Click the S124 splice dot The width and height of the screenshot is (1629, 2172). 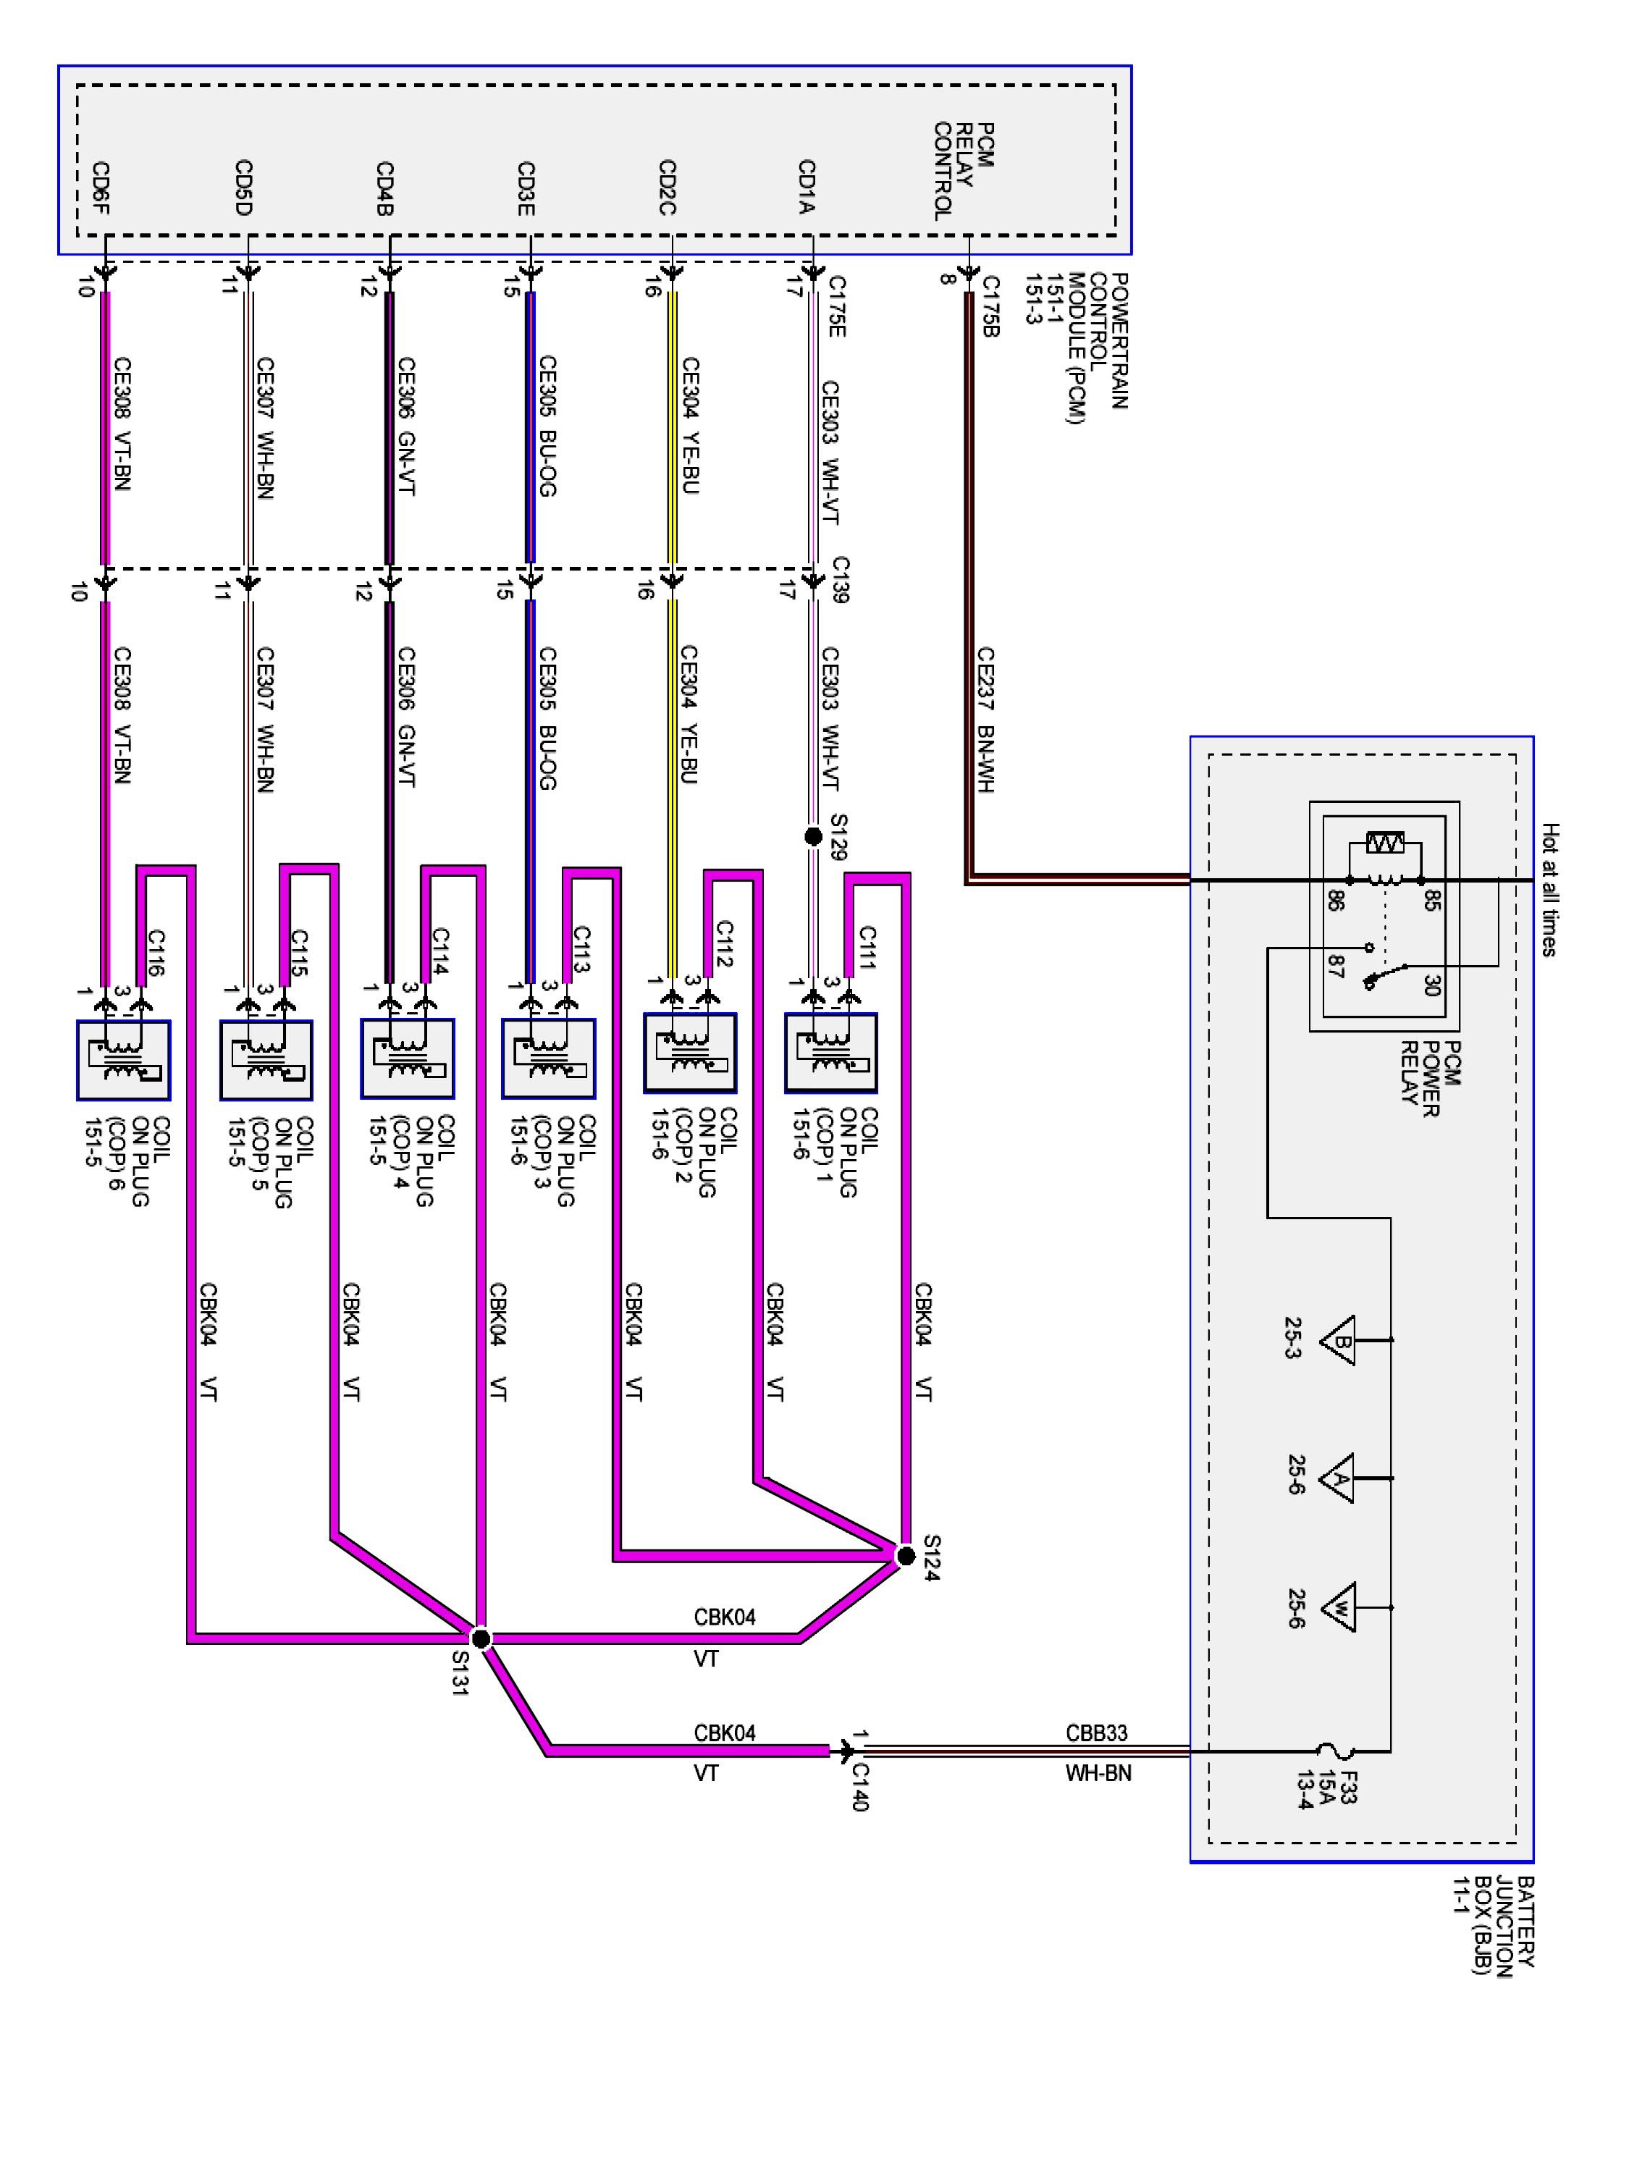click(905, 1555)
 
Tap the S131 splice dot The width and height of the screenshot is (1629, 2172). click(480, 1639)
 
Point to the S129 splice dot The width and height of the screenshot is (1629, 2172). click(813, 837)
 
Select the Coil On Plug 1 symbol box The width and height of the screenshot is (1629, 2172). click(830, 1053)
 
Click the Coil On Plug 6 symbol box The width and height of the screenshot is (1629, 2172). click(124, 1061)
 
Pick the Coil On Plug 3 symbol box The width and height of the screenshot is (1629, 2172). click(548, 1058)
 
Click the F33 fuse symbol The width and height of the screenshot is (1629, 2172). click(1334, 1751)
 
